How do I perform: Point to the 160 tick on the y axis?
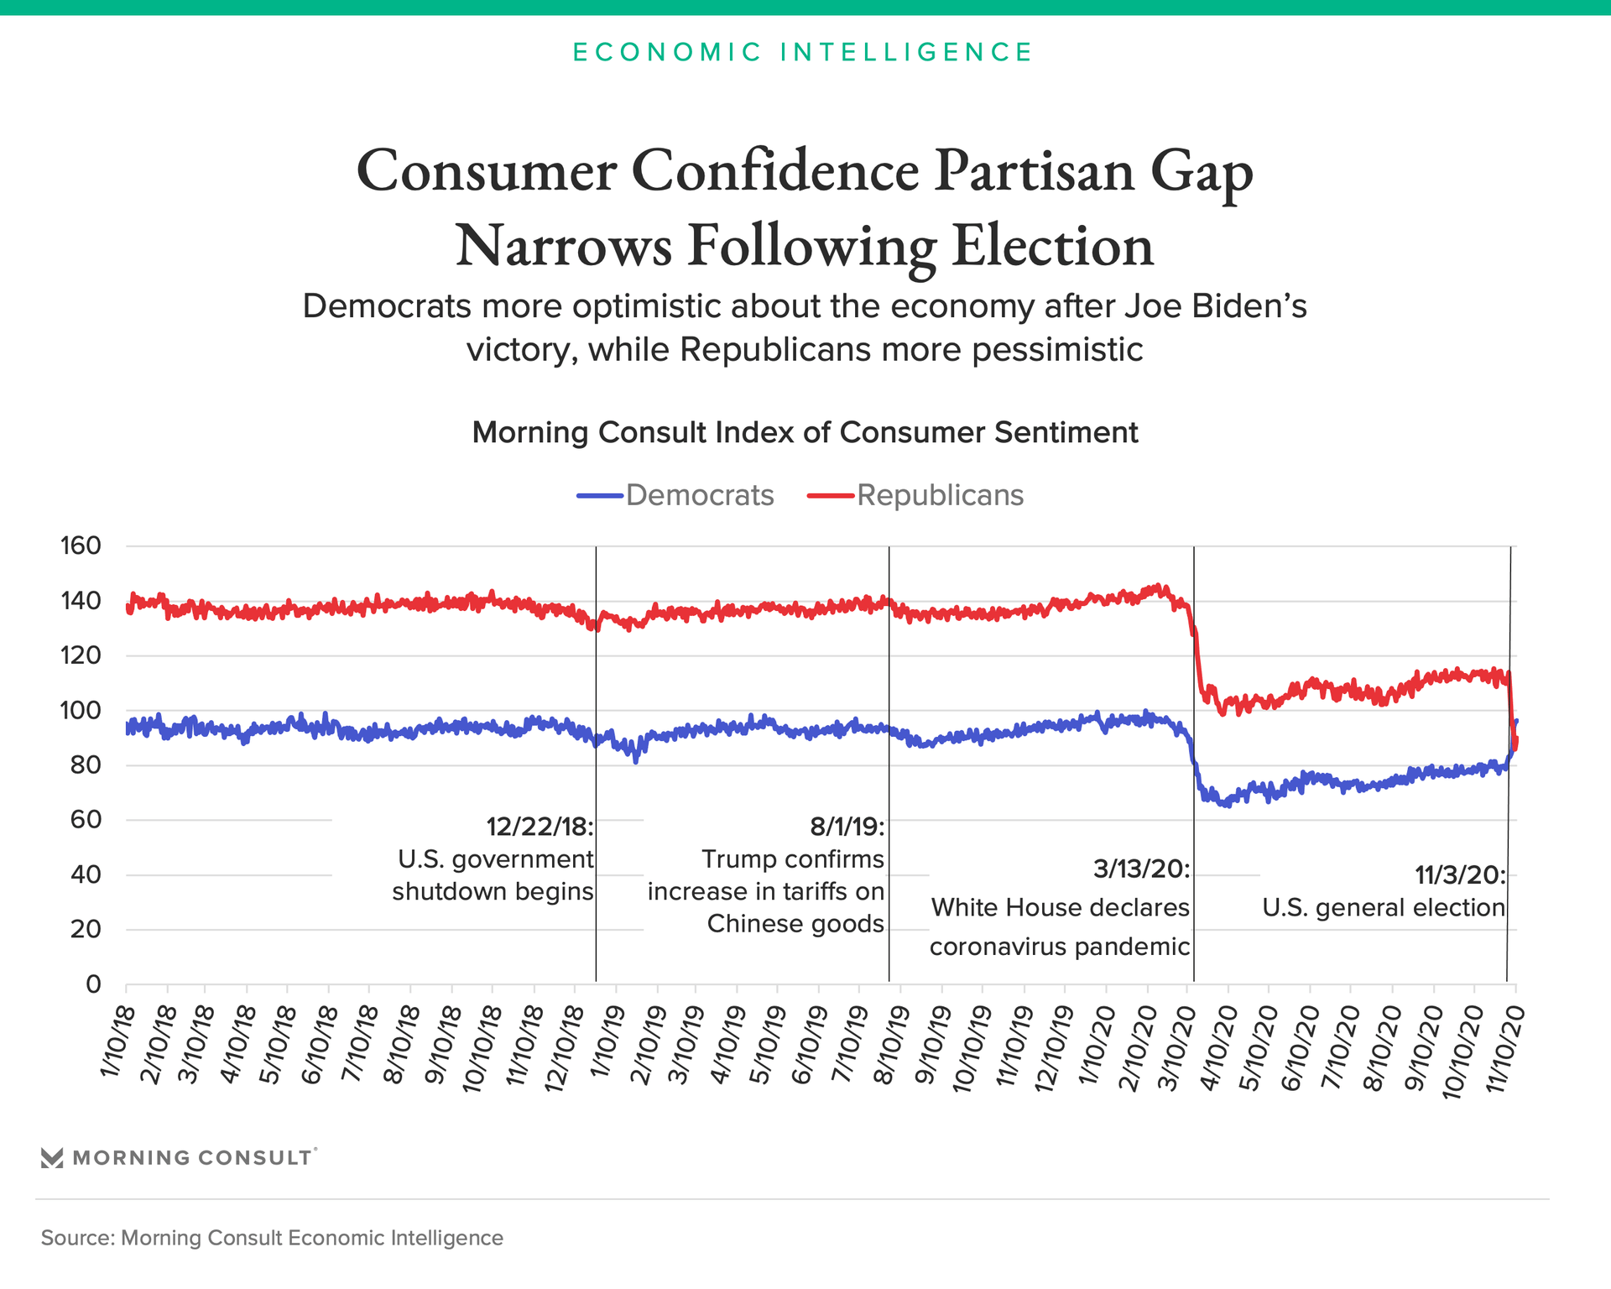click(81, 545)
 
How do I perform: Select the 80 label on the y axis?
click(81, 765)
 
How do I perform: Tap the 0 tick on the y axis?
click(92, 984)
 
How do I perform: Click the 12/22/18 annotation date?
click(540, 827)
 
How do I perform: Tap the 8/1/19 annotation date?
click(847, 827)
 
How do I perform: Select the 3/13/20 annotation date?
click(1141, 869)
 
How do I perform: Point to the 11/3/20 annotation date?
click(1460, 875)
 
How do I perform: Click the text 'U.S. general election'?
click(1384, 907)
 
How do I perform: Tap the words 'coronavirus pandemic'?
click(1060, 947)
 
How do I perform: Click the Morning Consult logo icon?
click(52, 1158)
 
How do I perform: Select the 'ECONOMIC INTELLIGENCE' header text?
click(803, 52)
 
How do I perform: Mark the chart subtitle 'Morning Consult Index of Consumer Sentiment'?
click(805, 432)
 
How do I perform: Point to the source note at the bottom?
click(272, 1238)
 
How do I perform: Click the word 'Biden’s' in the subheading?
click(1251, 306)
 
